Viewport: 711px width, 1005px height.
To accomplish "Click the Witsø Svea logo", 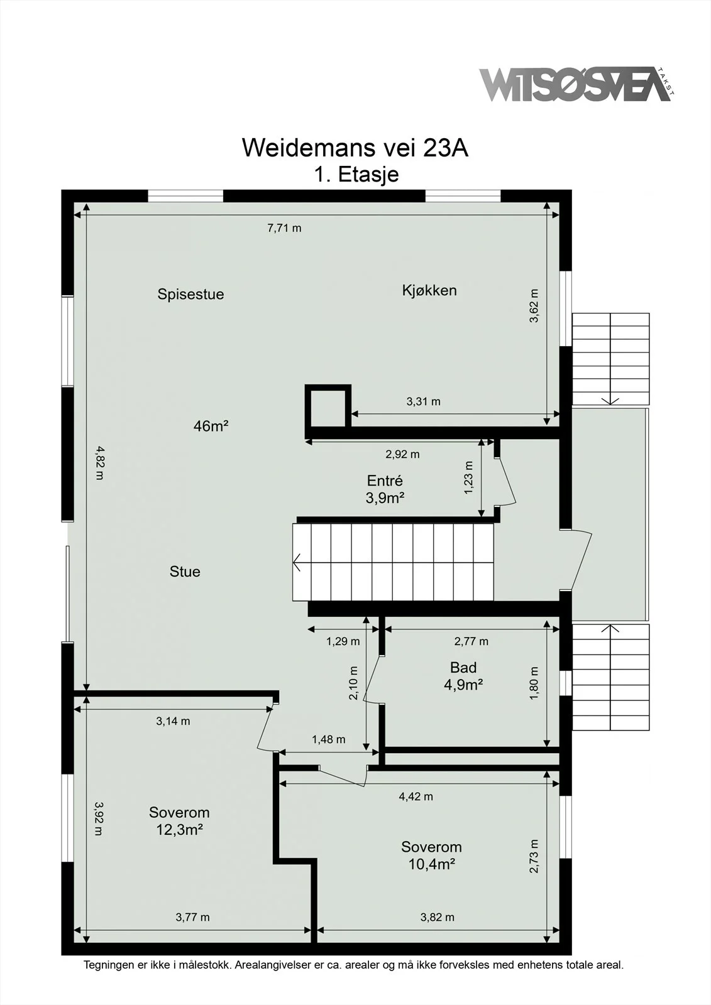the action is point(576,84).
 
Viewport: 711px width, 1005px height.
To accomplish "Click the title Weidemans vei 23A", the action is point(355,147).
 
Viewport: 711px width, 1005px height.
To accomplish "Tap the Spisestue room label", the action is point(190,295).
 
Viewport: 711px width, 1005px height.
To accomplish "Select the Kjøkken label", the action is point(429,290).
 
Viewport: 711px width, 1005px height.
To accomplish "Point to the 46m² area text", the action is point(211,425).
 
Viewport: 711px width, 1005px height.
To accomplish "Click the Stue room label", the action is point(185,571).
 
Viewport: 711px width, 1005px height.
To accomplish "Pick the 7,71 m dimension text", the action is point(284,228).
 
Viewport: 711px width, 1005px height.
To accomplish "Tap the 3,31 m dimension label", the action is point(424,401).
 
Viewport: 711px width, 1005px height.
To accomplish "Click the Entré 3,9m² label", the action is point(385,489).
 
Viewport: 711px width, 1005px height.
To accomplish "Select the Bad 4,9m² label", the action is point(463,676).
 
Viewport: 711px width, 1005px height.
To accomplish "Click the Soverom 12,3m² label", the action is point(179,821).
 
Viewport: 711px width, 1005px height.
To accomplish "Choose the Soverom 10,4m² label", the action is point(432,856).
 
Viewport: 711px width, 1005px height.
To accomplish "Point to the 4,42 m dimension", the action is point(416,796).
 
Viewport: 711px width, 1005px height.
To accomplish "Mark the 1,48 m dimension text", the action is point(329,739).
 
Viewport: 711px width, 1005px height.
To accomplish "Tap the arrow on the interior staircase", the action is point(297,562).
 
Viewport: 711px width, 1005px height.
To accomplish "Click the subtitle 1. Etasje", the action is point(356,174).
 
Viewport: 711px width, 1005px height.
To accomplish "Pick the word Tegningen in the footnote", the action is point(109,965).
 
